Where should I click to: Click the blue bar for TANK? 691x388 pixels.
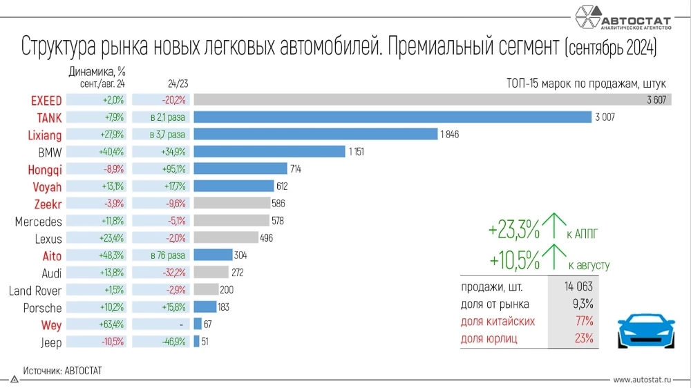392,117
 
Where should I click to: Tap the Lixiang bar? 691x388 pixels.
315,135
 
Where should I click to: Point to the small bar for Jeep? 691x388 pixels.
196,342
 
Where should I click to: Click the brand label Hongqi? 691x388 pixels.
45,169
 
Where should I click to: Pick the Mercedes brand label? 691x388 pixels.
39,222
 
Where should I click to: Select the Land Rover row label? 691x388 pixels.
35,291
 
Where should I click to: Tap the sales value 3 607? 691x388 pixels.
656,100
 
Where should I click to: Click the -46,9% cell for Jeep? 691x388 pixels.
160,342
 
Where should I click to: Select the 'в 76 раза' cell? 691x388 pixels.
160,255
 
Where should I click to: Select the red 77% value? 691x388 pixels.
585,321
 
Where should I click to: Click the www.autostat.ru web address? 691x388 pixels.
647,380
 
